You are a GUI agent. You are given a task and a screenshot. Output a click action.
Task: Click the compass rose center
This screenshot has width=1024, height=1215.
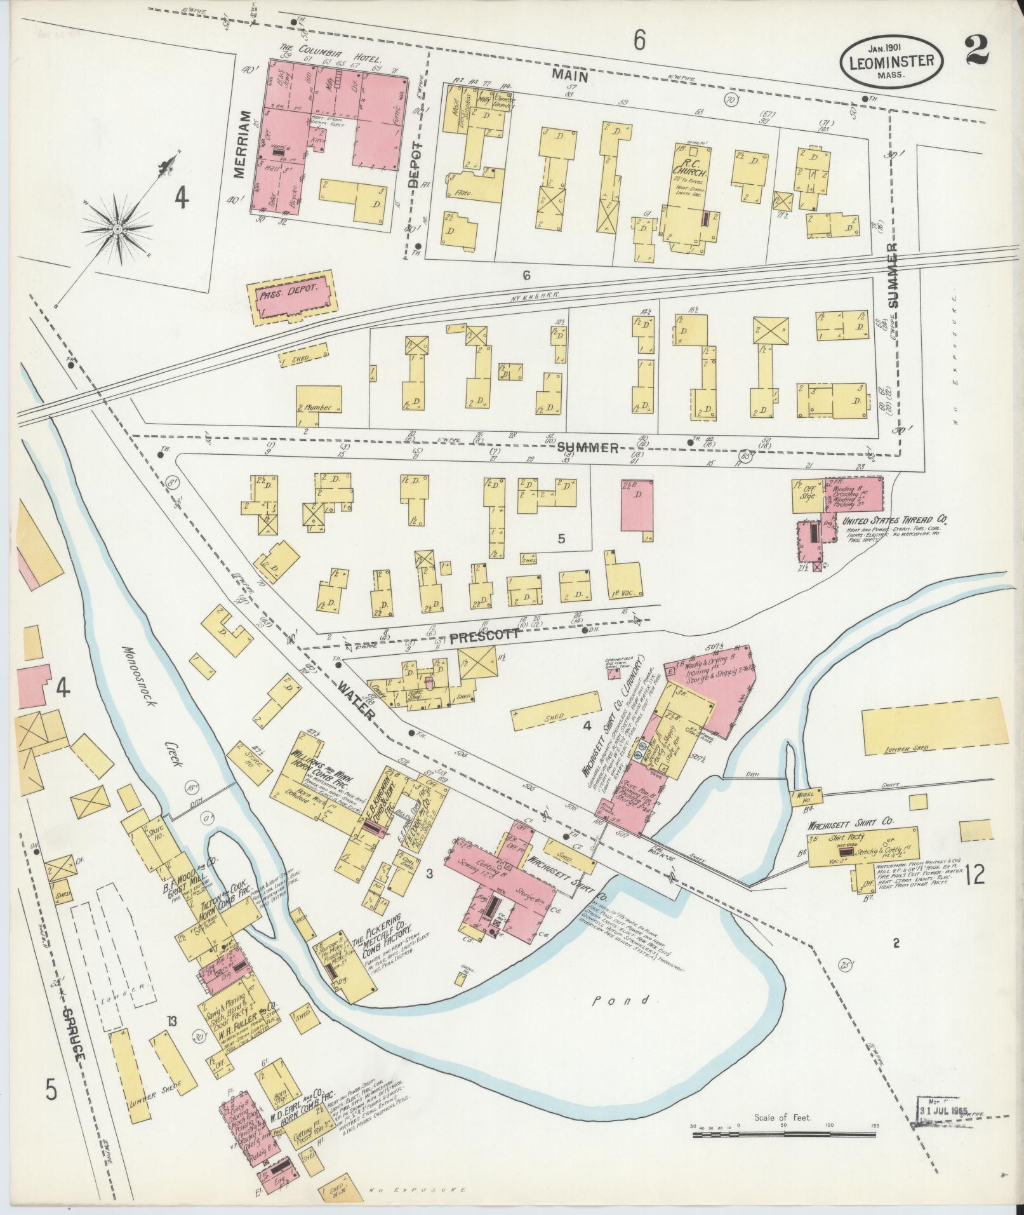[x=118, y=228]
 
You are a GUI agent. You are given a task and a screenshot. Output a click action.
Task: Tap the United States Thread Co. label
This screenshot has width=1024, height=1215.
[x=894, y=520]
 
